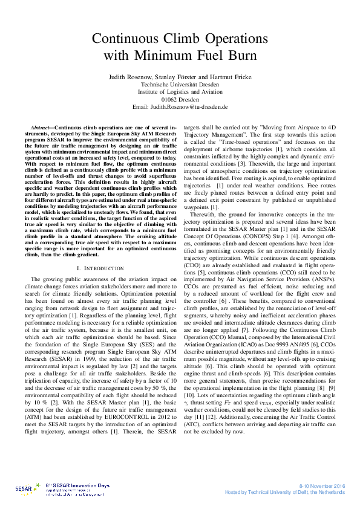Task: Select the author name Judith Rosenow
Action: click(x=129, y=77)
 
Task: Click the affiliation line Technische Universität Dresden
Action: click(x=180, y=85)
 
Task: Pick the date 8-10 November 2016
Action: click(x=322, y=485)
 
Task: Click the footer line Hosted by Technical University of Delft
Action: click(x=284, y=492)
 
